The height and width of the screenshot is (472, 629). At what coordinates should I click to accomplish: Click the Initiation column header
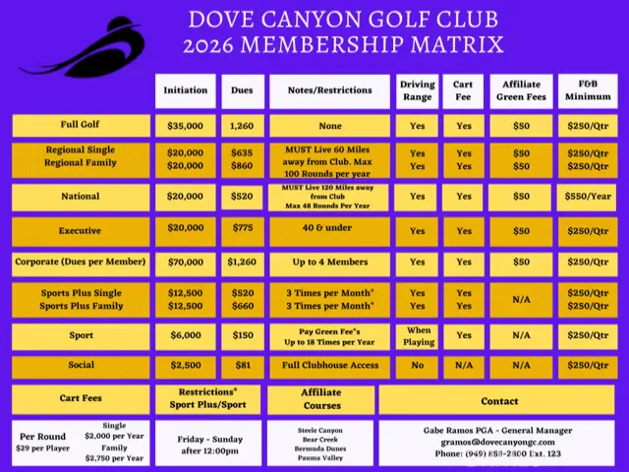point(186,90)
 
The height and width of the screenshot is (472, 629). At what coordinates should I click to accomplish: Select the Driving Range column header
point(418,90)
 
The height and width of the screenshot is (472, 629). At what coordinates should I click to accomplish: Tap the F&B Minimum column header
point(588,90)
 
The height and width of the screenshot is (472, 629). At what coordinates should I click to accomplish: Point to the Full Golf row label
point(81,126)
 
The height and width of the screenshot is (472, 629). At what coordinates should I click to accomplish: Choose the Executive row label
point(81,231)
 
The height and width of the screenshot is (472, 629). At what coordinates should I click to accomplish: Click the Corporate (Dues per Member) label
point(81,263)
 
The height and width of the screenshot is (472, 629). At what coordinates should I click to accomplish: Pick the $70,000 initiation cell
point(186,263)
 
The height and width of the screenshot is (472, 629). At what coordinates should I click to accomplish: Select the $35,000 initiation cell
point(186,126)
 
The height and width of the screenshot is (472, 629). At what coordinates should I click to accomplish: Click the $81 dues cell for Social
point(242,366)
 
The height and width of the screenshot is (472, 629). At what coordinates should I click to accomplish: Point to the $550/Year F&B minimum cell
point(588,197)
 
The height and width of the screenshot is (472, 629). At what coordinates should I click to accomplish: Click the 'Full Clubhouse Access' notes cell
point(329,366)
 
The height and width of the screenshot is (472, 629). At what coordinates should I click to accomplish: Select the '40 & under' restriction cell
point(329,231)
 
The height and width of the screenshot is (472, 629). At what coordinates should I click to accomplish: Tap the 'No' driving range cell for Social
point(418,366)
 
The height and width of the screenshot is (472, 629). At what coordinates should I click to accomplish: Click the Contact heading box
point(499,401)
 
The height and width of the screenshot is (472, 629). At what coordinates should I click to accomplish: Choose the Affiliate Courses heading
point(321,399)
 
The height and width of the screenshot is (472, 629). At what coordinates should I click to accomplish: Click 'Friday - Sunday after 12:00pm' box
point(208,443)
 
